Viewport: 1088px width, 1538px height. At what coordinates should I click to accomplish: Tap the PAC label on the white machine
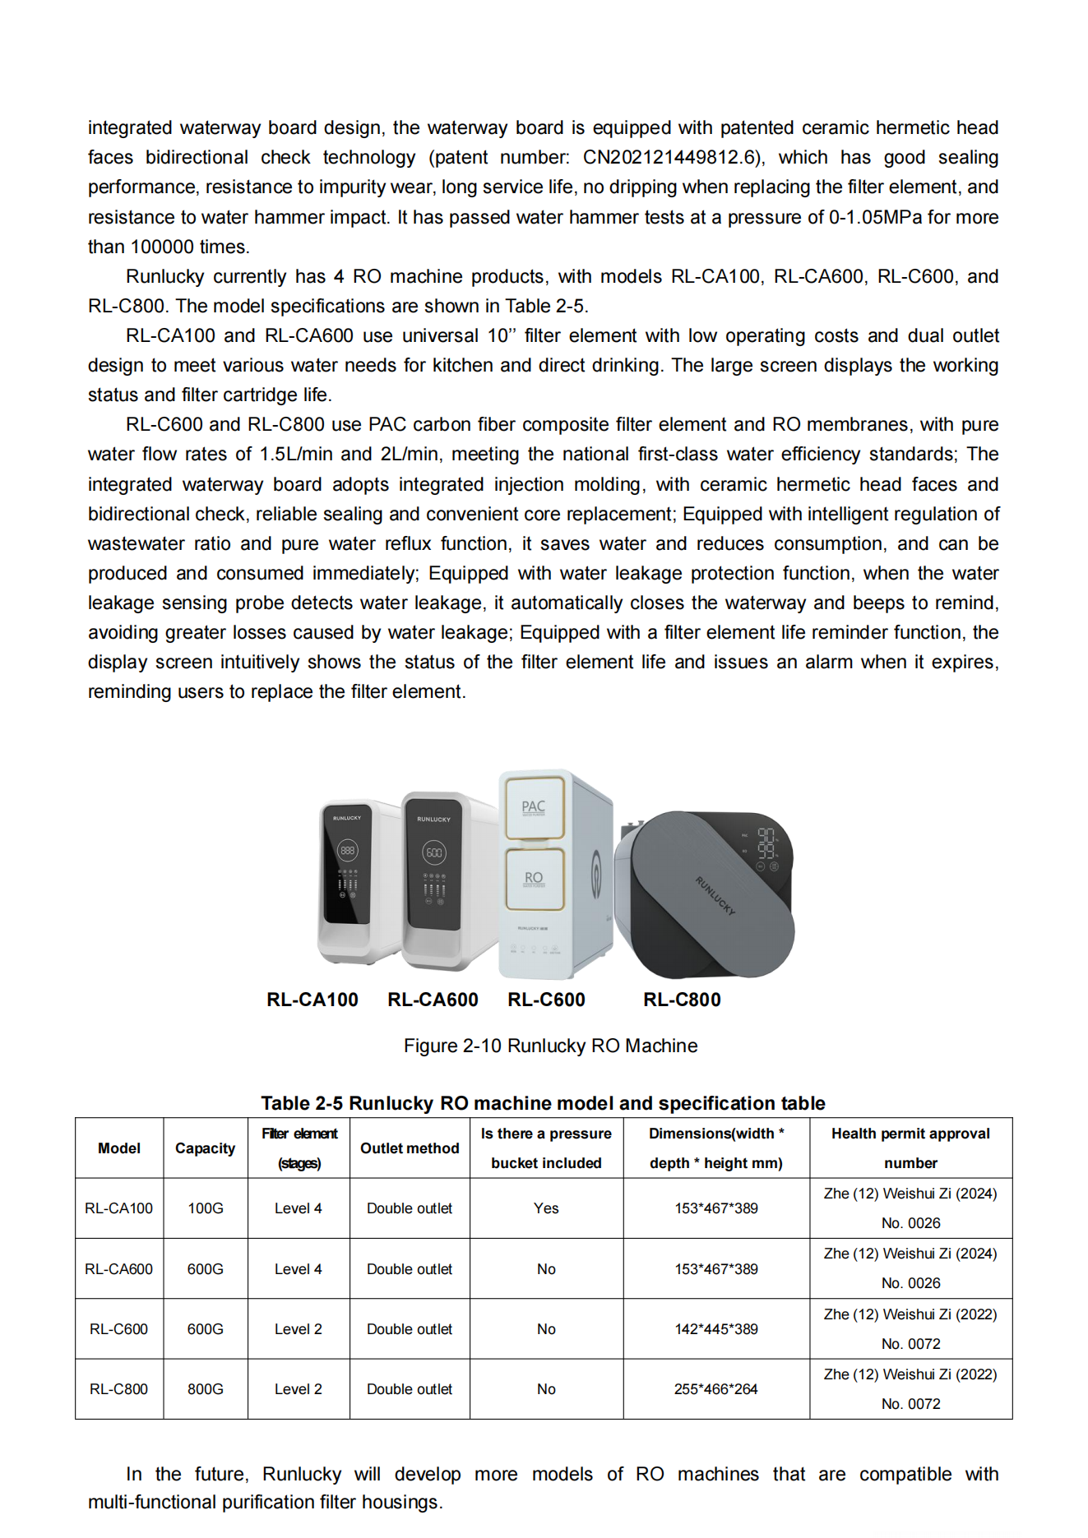(x=533, y=807)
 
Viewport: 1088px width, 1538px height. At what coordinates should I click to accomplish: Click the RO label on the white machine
(x=534, y=879)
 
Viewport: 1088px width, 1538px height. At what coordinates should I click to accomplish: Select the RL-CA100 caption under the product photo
(x=313, y=1000)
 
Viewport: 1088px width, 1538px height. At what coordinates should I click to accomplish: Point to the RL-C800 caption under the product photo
(x=682, y=1000)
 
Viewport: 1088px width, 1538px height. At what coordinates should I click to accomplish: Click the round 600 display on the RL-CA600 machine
(x=433, y=852)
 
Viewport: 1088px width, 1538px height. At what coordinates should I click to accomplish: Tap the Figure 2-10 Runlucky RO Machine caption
(x=550, y=1046)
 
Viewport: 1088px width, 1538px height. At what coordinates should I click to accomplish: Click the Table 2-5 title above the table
(x=543, y=1103)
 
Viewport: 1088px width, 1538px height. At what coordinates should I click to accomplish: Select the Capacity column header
(x=205, y=1148)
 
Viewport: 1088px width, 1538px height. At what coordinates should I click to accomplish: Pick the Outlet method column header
(x=410, y=1148)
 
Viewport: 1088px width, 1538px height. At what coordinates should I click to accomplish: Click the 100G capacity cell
(x=205, y=1208)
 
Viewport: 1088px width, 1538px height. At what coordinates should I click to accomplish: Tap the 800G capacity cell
(x=205, y=1389)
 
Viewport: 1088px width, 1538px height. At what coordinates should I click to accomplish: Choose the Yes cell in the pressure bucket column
(x=546, y=1208)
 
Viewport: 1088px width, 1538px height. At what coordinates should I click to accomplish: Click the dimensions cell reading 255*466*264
(x=715, y=1389)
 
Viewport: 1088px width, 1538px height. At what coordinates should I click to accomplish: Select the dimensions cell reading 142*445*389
(x=715, y=1329)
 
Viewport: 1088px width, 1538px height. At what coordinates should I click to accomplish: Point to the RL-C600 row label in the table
(x=118, y=1329)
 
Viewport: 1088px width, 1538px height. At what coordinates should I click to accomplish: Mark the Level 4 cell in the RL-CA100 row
(x=298, y=1208)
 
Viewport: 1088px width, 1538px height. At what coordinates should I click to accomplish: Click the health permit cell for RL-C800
(x=910, y=1389)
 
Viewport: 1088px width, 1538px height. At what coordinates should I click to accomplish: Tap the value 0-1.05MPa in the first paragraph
(x=874, y=218)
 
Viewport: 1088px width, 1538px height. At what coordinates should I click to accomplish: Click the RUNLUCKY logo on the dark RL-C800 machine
(x=715, y=896)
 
